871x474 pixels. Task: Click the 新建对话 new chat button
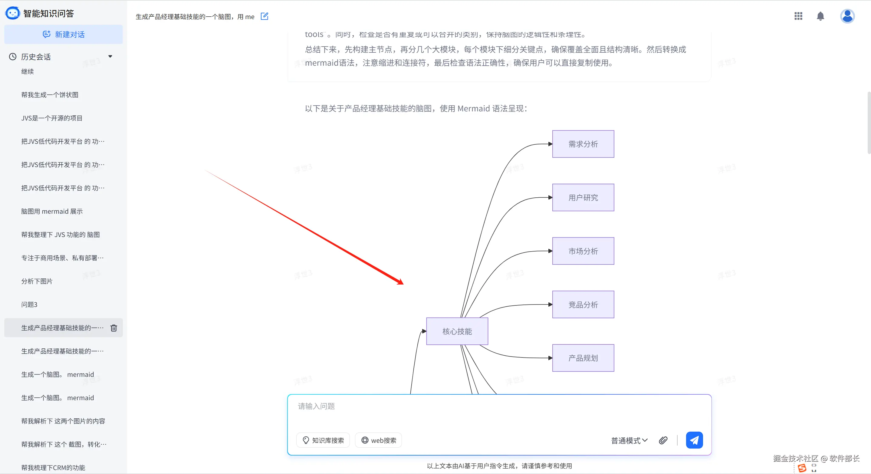(64, 35)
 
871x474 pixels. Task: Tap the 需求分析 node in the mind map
(583, 144)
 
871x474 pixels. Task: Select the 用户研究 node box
(583, 198)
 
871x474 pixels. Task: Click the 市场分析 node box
(583, 251)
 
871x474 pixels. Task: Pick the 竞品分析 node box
(583, 304)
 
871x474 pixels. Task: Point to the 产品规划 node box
(583, 358)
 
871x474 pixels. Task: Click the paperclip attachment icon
(663, 440)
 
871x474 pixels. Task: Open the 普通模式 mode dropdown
(629, 440)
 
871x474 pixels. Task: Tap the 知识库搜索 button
(323, 440)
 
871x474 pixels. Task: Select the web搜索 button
(378, 440)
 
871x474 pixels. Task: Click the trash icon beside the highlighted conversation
(113, 328)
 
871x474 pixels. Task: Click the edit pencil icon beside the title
(265, 16)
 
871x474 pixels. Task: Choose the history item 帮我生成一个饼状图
(50, 95)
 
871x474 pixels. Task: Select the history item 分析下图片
(37, 281)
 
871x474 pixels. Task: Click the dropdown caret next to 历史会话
(110, 57)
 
